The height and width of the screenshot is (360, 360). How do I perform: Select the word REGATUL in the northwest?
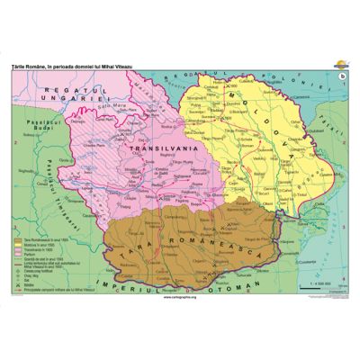click(x=58, y=82)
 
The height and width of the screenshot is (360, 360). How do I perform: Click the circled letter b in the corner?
click(x=339, y=75)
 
